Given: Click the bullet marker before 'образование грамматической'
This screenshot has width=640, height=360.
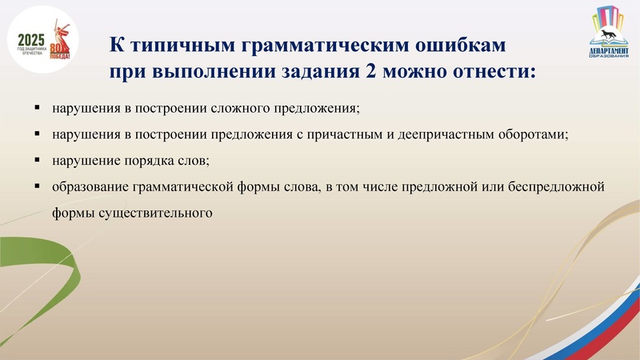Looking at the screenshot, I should coord(38,186).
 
